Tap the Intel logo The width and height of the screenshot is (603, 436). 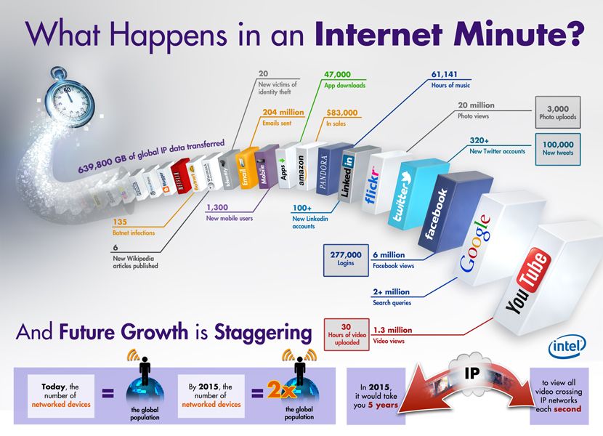tap(566, 347)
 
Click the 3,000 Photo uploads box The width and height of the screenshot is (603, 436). tap(558, 112)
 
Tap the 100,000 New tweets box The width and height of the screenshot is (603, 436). tap(558, 148)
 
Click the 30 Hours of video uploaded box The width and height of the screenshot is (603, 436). tap(347, 334)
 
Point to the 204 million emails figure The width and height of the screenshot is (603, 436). tap(283, 113)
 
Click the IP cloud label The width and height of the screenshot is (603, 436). tap(471, 371)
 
